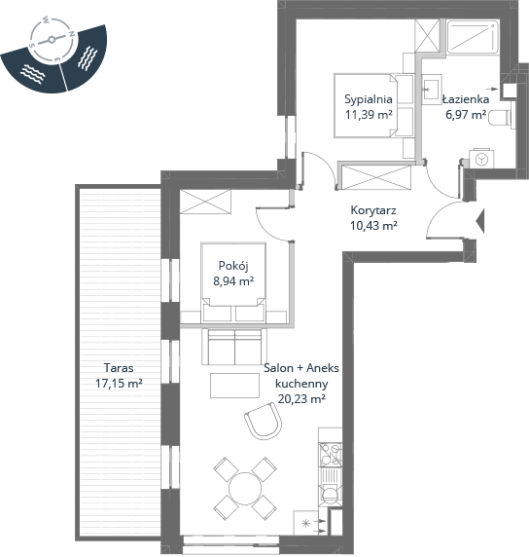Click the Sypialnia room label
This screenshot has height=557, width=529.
(369, 99)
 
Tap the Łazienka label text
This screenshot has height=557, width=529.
(466, 99)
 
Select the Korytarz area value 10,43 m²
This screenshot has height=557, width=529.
(373, 226)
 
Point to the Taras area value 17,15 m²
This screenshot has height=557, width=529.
(119, 384)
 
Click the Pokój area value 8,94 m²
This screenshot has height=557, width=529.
(233, 281)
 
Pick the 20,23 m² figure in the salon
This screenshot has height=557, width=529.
(301, 399)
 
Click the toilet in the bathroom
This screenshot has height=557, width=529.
(500, 118)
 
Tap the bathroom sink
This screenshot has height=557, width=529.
(432, 90)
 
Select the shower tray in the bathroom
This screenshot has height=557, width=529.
(473, 37)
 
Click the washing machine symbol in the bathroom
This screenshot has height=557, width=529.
(481, 159)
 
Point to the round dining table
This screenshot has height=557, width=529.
(245, 489)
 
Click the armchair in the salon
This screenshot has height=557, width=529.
(264, 421)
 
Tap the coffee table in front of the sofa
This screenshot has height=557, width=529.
(234, 385)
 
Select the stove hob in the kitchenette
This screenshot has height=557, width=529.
(331, 455)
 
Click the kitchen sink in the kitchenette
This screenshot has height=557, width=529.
(331, 486)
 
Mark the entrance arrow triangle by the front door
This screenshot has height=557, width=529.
(479, 221)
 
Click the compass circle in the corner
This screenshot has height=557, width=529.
(52, 40)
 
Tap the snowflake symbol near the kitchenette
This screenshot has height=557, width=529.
(305, 523)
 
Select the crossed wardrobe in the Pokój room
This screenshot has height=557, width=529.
(205, 202)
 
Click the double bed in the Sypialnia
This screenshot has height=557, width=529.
(374, 105)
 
